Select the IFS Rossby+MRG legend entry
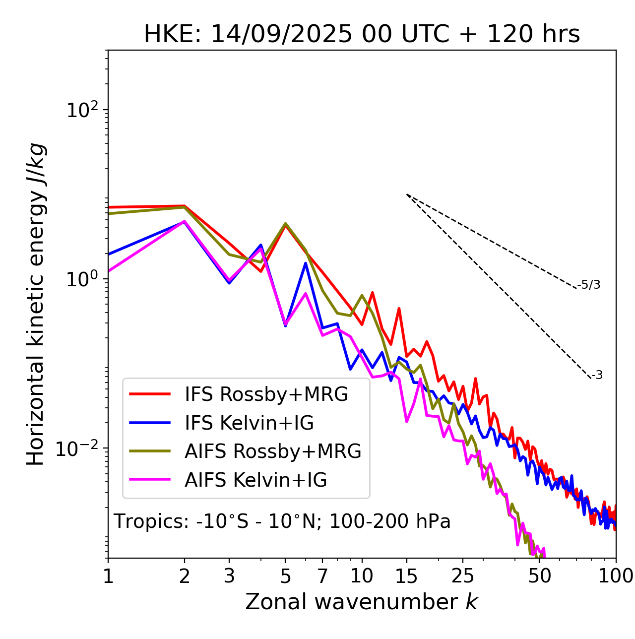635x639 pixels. [266, 394]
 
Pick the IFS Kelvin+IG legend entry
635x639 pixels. [249, 423]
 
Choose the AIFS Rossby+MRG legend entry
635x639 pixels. [272, 451]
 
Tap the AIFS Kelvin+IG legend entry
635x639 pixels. [255, 480]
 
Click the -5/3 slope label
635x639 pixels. [589, 285]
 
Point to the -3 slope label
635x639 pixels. [597, 375]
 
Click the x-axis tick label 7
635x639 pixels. [322, 576]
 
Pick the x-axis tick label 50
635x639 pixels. [540, 576]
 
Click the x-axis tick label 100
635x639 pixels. [616, 576]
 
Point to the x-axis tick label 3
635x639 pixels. [229, 576]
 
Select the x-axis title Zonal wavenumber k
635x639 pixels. [362, 602]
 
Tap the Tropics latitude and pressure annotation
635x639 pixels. [282, 521]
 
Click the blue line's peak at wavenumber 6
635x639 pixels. [306, 263]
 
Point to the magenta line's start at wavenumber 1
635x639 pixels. [109, 271]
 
